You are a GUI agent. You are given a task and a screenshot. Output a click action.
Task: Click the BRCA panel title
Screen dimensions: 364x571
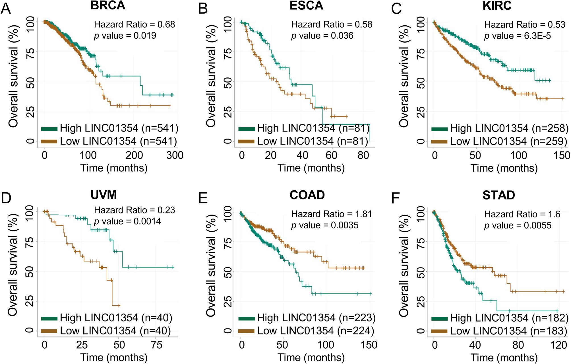tap(108, 6)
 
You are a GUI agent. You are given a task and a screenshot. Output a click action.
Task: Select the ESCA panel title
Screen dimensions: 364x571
tap(306, 6)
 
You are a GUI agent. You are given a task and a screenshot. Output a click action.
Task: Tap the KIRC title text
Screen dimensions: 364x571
tap(497, 6)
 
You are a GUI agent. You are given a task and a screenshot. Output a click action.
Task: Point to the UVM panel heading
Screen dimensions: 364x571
tap(104, 195)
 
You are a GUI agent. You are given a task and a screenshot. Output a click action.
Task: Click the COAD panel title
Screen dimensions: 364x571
tap(307, 195)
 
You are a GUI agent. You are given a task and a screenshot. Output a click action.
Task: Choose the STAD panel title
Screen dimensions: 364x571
tap(499, 195)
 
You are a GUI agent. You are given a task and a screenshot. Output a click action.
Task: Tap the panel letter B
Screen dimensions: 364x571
tap(203, 9)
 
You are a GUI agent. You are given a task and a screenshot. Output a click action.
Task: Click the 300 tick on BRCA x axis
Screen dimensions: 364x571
tap(175, 155)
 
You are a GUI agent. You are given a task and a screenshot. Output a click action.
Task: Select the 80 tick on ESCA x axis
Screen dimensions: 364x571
tap(363, 155)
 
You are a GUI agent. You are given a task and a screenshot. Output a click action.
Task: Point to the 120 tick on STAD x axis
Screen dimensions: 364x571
tap(558, 345)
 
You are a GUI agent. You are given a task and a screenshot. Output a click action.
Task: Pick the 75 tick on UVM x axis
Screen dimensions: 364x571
tap(157, 345)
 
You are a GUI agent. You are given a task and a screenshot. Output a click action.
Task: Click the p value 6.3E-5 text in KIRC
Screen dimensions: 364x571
tap(518, 36)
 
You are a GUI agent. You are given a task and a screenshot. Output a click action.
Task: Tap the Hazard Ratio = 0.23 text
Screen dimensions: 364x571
tap(135, 210)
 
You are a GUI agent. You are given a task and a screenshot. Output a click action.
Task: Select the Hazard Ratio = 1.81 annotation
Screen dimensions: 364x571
tap(332, 214)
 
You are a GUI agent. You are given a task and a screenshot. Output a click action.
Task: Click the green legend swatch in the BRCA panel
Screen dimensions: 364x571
tap(49, 129)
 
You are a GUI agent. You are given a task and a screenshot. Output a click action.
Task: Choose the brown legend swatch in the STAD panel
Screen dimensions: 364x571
tap(440, 331)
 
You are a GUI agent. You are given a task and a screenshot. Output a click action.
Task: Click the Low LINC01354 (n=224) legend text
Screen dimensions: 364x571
tap(316, 331)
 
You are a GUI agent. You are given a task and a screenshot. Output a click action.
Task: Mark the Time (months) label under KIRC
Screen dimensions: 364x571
tap(504, 168)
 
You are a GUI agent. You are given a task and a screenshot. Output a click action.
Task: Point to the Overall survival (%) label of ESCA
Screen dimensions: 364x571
tap(211, 75)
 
